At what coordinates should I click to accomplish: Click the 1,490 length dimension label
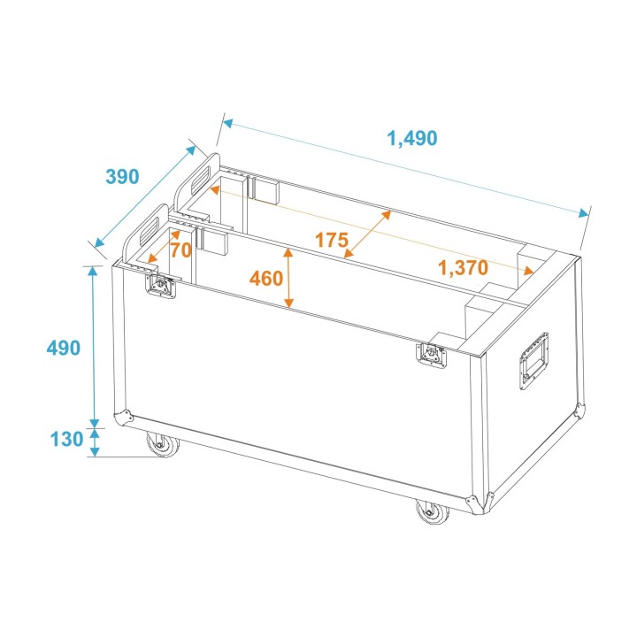[412, 138]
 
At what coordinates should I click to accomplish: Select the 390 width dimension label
[122, 176]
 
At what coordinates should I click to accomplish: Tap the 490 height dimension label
[63, 347]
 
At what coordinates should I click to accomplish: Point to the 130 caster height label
[66, 439]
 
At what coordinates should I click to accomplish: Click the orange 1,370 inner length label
[463, 268]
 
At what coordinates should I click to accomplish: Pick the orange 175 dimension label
[331, 240]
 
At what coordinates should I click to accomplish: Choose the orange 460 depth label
[266, 279]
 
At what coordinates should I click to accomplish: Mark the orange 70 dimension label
[180, 250]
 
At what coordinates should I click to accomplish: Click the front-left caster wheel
[162, 445]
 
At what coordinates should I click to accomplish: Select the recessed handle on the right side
[533, 360]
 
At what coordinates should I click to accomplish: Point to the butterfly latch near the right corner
[433, 353]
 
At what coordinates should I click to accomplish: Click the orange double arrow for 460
[288, 279]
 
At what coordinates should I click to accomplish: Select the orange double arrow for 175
[367, 234]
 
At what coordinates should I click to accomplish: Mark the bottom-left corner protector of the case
[123, 417]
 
